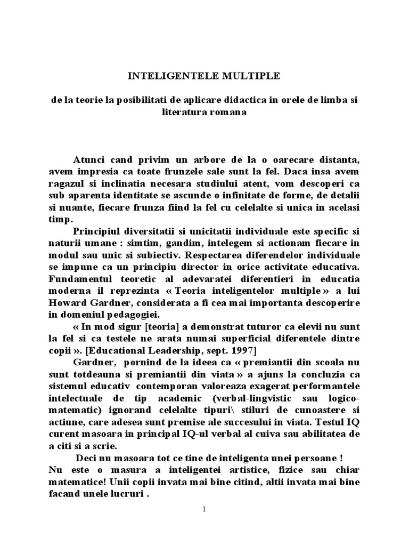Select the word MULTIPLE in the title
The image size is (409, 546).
(252, 76)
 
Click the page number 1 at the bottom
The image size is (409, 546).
(204, 509)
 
